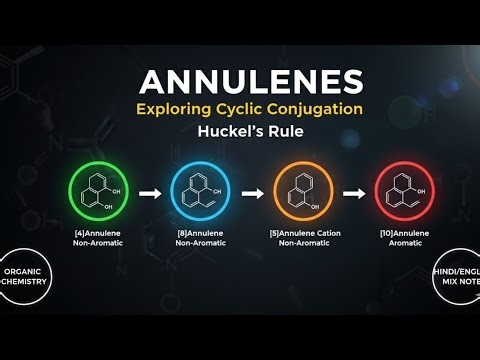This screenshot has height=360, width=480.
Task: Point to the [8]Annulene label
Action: click(x=199, y=233)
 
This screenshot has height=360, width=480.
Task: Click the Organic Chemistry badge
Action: click(x=24, y=275)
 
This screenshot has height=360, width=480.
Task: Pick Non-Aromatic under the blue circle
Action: click(x=199, y=243)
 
